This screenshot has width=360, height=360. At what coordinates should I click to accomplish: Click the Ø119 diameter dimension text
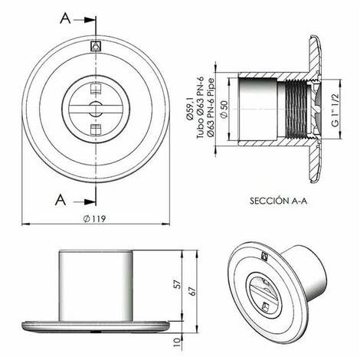[x=94, y=218]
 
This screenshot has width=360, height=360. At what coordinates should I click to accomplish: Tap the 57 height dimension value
[x=178, y=284]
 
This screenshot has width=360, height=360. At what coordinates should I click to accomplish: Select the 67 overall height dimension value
[x=192, y=291]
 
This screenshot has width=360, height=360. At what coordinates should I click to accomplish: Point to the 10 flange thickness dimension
[x=177, y=342]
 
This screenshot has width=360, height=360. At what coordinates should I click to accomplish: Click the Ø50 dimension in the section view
[x=224, y=110]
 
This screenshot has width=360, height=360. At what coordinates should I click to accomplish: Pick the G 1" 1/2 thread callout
[x=335, y=110]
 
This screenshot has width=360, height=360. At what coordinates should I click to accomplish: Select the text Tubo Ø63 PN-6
[x=200, y=107]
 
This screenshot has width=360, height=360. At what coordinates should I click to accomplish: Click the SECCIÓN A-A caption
[x=278, y=201]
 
